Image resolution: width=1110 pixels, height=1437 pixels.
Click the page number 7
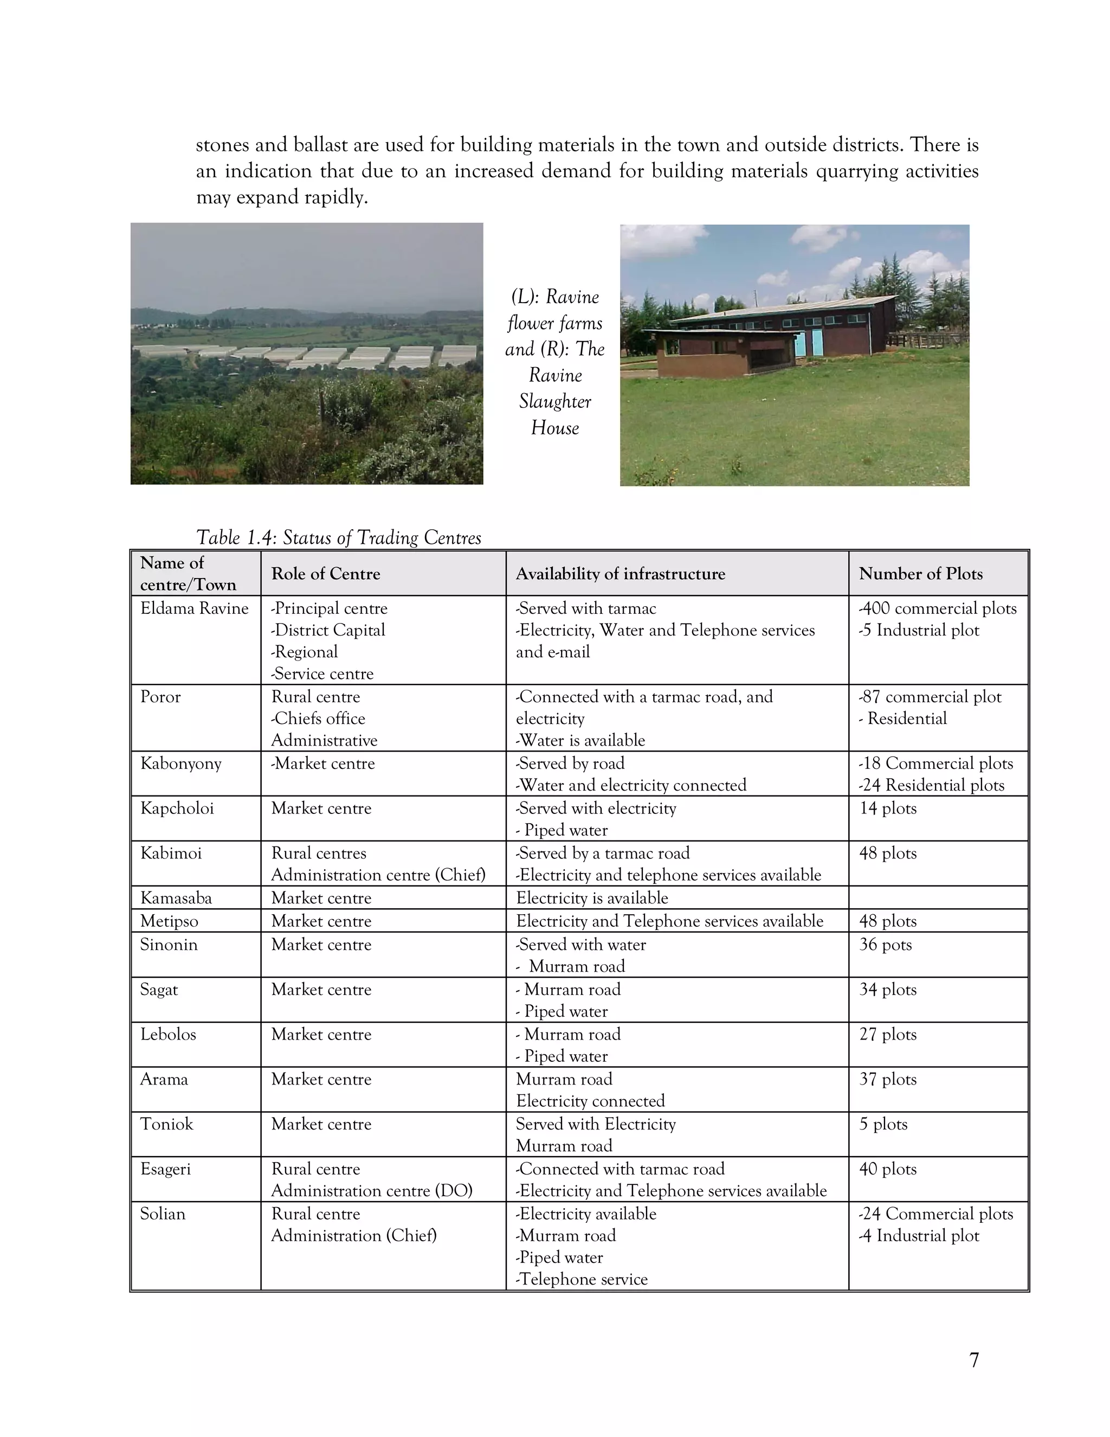tap(974, 1359)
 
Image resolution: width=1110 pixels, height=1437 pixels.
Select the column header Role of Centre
tap(326, 574)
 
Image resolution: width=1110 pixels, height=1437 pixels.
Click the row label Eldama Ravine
tap(194, 608)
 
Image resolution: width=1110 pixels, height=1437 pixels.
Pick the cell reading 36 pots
tap(885, 944)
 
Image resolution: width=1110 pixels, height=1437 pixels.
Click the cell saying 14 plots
tap(887, 808)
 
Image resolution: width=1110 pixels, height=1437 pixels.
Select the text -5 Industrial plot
tap(919, 630)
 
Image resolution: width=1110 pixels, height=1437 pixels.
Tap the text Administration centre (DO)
tap(371, 1190)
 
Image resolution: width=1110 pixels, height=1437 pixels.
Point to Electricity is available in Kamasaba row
tap(592, 898)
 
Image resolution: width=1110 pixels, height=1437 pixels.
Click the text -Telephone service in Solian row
tap(582, 1279)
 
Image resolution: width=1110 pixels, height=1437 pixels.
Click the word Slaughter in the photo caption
tap(554, 401)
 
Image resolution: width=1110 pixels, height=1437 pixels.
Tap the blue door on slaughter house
tap(816, 343)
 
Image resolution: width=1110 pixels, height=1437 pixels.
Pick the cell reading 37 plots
tap(887, 1079)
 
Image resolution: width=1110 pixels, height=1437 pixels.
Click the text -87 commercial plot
tap(930, 697)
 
